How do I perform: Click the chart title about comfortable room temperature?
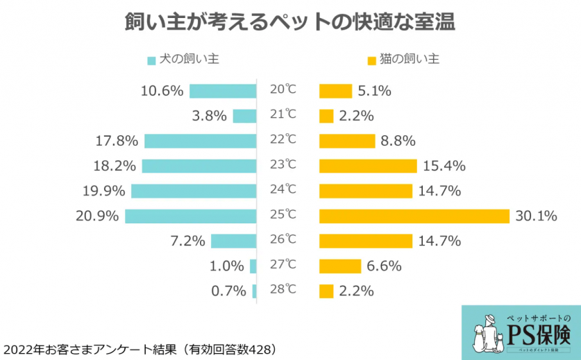click(290, 22)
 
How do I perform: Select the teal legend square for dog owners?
click(151, 60)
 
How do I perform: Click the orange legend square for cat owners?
click(371, 60)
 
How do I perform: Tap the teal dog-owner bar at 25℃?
click(191, 216)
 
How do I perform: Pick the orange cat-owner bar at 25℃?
click(414, 216)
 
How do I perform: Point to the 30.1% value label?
click(537, 216)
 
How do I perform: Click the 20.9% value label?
click(97, 216)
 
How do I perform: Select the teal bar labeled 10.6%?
click(223, 91)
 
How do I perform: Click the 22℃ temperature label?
click(283, 139)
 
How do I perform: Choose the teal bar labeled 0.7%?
click(255, 291)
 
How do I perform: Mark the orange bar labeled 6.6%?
click(340, 266)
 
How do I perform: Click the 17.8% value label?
click(117, 141)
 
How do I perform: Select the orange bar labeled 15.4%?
click(368, 166)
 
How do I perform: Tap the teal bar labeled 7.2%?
click(234, 241)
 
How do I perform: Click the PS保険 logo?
click(521, 332)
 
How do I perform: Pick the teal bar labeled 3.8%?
click(244, 116)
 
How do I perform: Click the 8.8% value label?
click(398, 141)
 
